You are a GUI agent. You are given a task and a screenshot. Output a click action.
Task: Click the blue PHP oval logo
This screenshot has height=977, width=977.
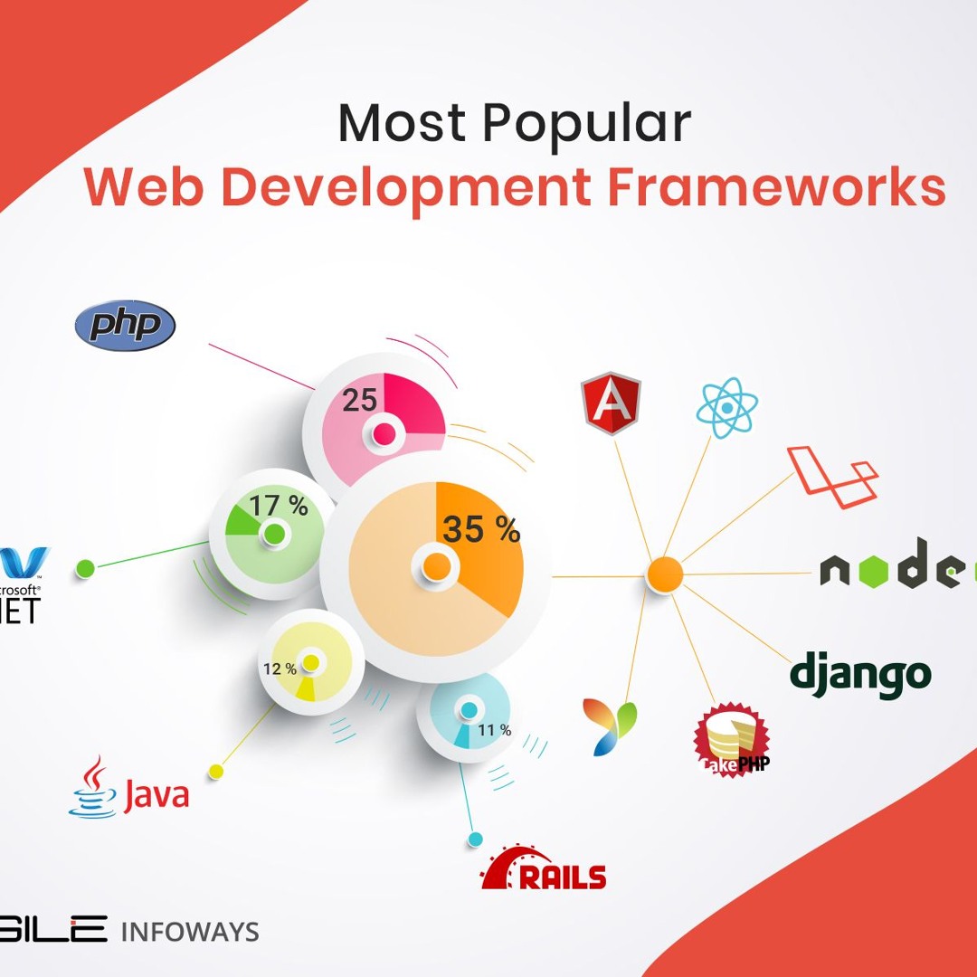pyautogui.click(x=125, y=326)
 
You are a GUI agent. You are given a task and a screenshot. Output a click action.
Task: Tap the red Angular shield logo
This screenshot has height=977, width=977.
pyautogui.click(x=611, y=403)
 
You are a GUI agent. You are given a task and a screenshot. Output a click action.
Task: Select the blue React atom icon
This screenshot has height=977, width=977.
pyautogui.click(x=726, y=408)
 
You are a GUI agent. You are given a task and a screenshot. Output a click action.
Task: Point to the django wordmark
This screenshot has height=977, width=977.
pyautogui.click(x=860, y=674)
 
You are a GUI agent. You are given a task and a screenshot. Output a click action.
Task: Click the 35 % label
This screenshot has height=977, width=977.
pyautogui.click(x=481, y=529)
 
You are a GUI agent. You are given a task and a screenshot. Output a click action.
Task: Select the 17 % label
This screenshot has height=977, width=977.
pyautogui.click(x=279, y=506)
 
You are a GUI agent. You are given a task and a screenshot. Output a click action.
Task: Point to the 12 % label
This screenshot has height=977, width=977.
pyautogui.click(x=280, y=669)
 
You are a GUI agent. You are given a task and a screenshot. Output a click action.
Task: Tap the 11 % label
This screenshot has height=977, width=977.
pyautogui.click(x=495, y=730)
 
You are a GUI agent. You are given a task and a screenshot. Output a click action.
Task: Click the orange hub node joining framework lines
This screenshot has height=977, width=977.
pyautogui.click(x=665, y=574)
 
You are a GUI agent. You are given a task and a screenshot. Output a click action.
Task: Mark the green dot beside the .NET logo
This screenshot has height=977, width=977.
pyautogui.click(x=85, y=568)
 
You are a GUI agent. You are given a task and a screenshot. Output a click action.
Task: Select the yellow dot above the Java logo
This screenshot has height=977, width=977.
pyautogui.click(x=215, y=771)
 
